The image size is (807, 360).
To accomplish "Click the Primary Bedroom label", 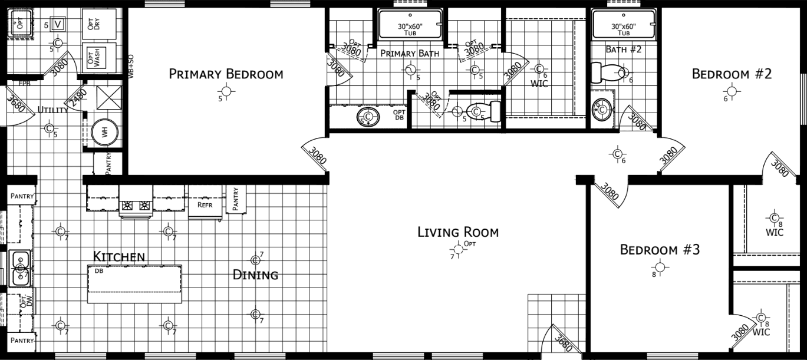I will click(226, 74).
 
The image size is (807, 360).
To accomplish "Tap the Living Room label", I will click(457, 232).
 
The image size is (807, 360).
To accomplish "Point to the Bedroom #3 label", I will click(659, 250).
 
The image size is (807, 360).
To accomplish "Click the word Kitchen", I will click(119, 256).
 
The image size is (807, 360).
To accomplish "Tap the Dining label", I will click(255, 275).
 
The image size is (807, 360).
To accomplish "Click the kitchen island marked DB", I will click(134, 284).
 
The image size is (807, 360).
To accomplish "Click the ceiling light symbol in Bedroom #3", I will click(660, 267).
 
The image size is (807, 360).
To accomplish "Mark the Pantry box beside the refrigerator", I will click(235, 199).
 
